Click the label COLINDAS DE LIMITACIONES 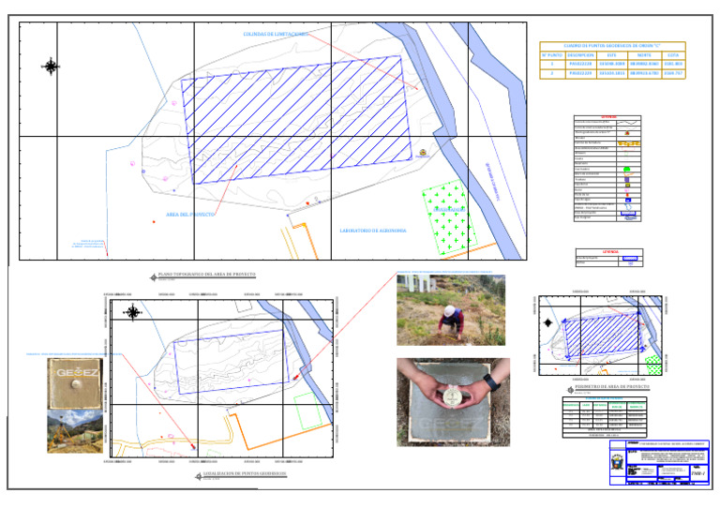pos(276,35)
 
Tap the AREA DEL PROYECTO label pos(190,215)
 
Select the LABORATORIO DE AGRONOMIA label pos(373,230)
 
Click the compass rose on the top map pos(51,66)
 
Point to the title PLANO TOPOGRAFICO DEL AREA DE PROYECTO pos(205,275)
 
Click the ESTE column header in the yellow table pos(612,55)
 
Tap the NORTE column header pos(643,55)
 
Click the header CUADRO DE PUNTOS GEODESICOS pos(612,45)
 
